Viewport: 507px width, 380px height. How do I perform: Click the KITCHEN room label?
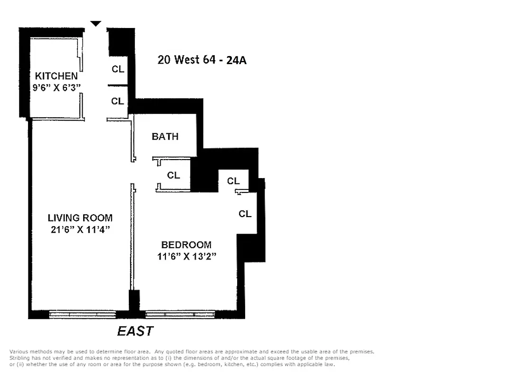(x=56, y=76)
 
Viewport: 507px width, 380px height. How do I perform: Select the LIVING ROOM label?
(x=80, y=218)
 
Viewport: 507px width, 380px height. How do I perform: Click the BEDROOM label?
(x=186, y=245)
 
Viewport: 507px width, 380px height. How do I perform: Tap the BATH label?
(x=165, y=137)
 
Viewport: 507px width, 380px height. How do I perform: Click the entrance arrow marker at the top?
(x=96, y=24)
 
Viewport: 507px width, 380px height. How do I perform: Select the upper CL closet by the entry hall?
(x=118, y=69)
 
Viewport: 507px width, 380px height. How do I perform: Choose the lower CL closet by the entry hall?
(x=117, y=101)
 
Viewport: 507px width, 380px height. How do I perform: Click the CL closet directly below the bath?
(x=173, y=175)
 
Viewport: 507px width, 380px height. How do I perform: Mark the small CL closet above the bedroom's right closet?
(x=233, y=181)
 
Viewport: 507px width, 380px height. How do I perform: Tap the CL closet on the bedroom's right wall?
(x=245, y=214)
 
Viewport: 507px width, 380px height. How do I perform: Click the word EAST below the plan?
(x=135, y=331)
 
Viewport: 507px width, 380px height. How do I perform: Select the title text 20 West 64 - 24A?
(x=202, y=60)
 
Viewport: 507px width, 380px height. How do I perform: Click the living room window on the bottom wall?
(x=82, y=314)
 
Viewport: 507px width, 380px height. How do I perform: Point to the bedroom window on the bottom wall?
(x=180, y=314)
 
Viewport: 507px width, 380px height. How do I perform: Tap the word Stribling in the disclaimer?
(x=19, y=358)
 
